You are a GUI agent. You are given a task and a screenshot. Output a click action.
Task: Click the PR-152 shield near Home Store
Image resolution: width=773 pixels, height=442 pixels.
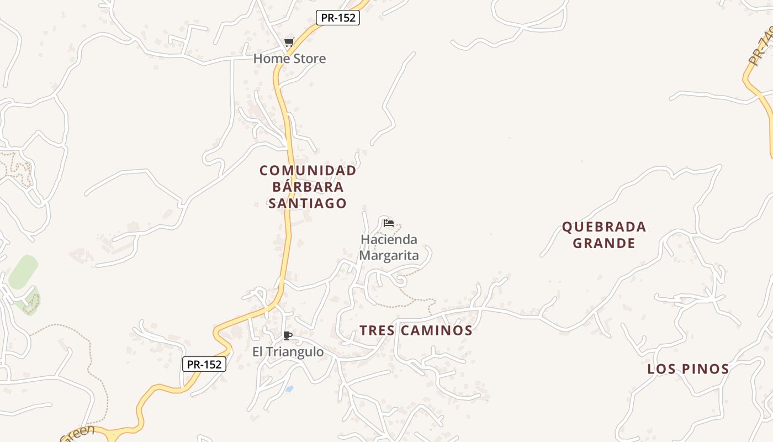(338, 18)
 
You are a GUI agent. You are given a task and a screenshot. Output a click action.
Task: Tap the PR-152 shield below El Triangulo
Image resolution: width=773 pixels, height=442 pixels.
(204, 364)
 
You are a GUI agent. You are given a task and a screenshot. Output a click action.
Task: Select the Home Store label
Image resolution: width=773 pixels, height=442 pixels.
(289, 59)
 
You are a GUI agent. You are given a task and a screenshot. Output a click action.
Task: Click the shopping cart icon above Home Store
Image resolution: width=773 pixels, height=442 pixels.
(289, 43)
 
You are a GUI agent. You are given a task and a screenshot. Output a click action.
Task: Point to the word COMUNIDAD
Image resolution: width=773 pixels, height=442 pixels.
(308, 171)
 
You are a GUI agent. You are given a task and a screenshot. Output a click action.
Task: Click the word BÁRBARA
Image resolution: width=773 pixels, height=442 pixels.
(308, 187)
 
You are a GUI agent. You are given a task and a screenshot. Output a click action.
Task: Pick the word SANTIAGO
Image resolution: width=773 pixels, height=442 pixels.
(308, 203)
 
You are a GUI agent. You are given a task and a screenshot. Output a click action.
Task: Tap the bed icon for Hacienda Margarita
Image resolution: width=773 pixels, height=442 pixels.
(389, 223)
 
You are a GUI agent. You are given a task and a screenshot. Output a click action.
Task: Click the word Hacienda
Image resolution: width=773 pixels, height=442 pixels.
(389, 240)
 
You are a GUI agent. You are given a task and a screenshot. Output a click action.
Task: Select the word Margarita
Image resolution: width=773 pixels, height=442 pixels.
(389, 255)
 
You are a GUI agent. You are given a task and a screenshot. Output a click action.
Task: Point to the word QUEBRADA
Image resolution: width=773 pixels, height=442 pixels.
(603, 227)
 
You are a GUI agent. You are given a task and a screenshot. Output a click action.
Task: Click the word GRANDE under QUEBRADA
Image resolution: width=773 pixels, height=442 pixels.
(603, 243)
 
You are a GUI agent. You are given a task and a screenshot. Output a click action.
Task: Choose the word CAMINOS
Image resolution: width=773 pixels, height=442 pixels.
(437, 330)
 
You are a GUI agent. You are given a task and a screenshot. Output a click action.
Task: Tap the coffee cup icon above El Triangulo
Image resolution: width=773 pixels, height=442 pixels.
(287, 335)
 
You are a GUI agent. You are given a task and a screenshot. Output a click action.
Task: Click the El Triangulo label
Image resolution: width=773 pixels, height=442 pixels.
(288, 352)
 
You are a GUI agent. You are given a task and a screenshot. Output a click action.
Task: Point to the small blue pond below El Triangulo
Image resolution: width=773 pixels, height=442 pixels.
(289, 389)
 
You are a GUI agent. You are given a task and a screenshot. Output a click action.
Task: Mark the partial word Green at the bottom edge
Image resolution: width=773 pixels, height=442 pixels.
(78, 432)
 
